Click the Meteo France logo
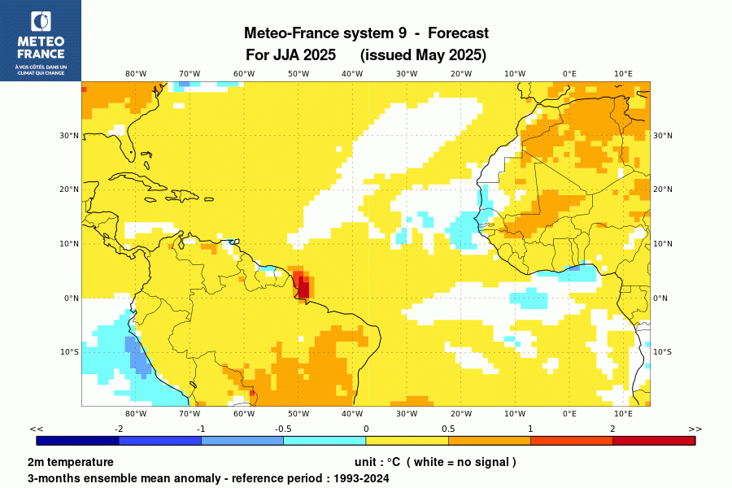40,41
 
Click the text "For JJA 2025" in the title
290,55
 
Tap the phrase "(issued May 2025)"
423,55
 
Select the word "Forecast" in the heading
458,33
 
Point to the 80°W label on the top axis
136,73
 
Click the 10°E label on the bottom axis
623,414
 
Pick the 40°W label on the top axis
352,73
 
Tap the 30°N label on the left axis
70,136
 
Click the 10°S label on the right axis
663,352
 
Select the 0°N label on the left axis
72,298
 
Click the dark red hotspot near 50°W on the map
303,286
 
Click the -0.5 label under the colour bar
283,429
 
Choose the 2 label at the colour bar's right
612,429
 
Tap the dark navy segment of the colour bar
78,441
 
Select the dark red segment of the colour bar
654,441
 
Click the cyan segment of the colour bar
325,441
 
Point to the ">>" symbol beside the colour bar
695,429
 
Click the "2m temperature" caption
71,462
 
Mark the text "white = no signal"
461,462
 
